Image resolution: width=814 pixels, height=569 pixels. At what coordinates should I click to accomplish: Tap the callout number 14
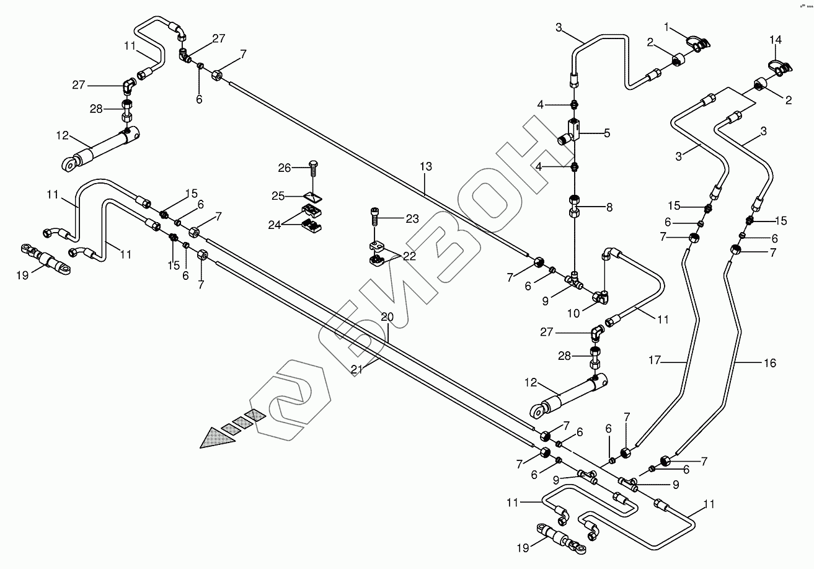point(776,40)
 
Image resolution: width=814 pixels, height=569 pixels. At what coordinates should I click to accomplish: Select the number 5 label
point(607,132)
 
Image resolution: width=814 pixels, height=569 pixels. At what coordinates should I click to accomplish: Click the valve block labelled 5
point(574,130)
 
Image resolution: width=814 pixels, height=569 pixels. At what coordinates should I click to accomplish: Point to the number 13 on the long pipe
point(425,167)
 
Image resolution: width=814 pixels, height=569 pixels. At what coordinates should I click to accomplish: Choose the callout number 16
point(769,363)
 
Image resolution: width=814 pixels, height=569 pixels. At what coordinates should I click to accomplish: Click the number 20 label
point(387,317)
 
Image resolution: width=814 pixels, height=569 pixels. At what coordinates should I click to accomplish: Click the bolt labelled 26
point(312,167)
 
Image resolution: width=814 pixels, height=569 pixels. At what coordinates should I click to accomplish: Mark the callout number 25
point(278,196)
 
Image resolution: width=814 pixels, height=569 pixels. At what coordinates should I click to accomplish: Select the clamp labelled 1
point(696,43)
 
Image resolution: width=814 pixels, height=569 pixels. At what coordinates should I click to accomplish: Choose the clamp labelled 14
point(778,66)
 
